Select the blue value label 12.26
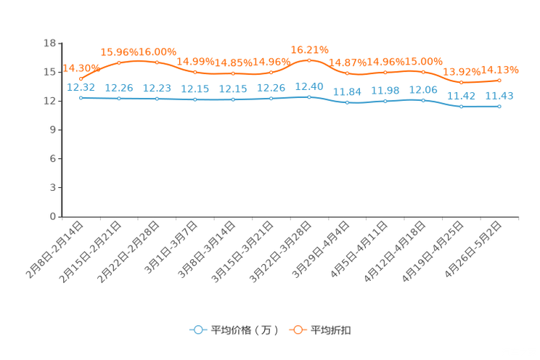coord(119,87)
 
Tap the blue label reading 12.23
coord(157,88)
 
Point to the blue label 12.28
coord(271,88)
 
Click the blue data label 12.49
coord(309,86)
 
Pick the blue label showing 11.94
coord(347,91)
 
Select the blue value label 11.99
coord(385,90)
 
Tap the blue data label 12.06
coord(423,89)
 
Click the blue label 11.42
coord(461,96)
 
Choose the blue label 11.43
coord(499,96)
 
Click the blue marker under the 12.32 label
coord(81,98)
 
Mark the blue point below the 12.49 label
coord(309,97)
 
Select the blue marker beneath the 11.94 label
coord(347,103)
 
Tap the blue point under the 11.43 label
coord(499,107)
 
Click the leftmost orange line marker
coord(81,78)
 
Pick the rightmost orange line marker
coord(499,80)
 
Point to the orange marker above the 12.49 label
coord(309,60)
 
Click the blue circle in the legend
coord(197,330)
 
